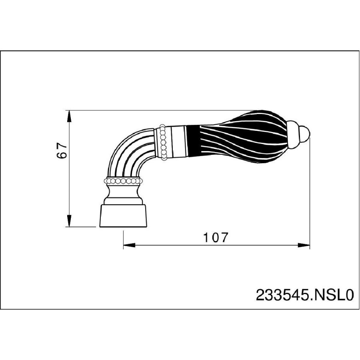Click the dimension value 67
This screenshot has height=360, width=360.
pyautogui.click(x=62, y=150)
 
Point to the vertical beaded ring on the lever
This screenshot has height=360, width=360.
pyautogui.click(x=163, y=142)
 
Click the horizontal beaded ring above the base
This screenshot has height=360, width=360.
pyautogui.click(x=123, y=181)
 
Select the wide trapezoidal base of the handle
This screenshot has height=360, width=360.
pyautogui.click(x=123, y=216)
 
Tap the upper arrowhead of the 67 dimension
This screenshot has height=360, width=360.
pyautogui.click(x=69, y=116)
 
